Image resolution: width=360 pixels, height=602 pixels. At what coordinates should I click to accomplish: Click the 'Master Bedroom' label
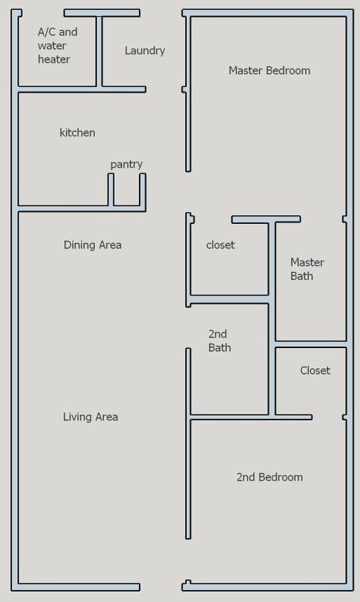pos(269,71)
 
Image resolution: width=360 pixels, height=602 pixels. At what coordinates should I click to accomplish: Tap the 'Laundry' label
pos(145,51)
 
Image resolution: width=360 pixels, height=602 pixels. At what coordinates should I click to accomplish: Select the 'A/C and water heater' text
pos(57,46)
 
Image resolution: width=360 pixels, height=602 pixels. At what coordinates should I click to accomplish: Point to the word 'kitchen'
pos(77,133)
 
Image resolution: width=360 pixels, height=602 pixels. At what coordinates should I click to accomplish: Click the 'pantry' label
pos(126,164)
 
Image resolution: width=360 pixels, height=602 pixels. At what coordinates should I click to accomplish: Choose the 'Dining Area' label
pos(93,245)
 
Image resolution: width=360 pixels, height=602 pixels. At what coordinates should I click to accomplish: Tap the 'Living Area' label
pos(91,417)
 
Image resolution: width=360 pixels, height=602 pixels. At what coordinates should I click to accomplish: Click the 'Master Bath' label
pos(307,269)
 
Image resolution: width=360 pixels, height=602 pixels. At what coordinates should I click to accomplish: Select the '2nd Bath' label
pos(220,340)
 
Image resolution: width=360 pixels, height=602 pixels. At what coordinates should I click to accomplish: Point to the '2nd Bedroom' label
pos(269,477)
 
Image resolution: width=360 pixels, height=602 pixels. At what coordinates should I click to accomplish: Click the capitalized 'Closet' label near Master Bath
pos(314,370)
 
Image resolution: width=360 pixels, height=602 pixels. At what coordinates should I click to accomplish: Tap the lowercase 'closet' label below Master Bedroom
pos(220,245)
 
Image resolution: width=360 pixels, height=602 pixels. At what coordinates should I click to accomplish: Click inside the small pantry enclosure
pos(126,191)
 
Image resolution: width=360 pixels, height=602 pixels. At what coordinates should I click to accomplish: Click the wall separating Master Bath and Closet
pos(311,345)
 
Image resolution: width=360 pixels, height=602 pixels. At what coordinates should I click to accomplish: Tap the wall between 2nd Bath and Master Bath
pos(272,321)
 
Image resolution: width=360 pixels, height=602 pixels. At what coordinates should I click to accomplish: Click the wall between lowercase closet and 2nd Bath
pos(228,300)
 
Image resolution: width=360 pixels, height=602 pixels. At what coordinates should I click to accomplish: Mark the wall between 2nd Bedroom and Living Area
pos(188,478)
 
